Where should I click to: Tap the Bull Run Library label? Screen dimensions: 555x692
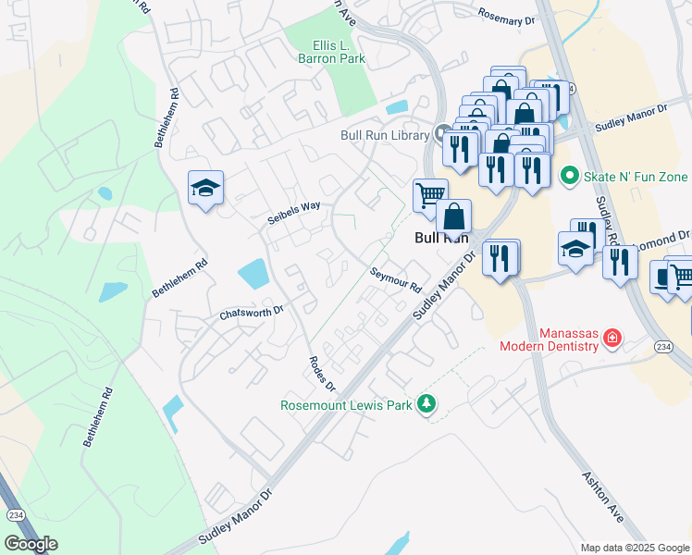[x=384, y=135]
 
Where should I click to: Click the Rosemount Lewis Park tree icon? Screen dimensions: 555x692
[x=426, y=403]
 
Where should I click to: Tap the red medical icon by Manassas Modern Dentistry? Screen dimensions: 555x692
[x=611, y=339]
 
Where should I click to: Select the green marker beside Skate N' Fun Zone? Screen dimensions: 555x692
[x=569, y=175]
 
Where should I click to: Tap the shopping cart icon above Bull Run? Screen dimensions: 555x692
[x=429, y=195]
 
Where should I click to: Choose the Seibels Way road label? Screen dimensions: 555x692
[x=293, y=207]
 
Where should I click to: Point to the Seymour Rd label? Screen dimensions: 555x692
[x=395, y=278]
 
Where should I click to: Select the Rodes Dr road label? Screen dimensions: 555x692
[x=321, y=373]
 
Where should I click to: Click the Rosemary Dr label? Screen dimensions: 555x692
[x=508, y=14]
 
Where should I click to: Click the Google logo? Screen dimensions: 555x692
[x=31, y=543]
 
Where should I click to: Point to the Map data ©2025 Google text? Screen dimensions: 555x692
[x=634, y=548]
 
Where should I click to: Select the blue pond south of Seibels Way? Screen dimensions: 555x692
[x=253, y=273]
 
